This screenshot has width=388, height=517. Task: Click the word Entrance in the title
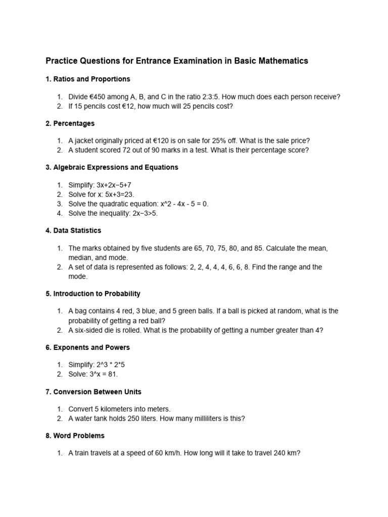(154, 61)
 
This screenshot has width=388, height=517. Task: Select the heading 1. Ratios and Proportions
(88, 79)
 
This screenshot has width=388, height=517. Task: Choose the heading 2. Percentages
(70, 123)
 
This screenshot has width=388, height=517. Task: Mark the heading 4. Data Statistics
(73, 230)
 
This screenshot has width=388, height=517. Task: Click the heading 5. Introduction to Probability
(93, 293)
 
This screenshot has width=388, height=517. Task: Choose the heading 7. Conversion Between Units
(93, 392)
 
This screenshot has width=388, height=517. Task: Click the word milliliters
(209, 419)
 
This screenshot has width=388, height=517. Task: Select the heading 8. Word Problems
(75, 435)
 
